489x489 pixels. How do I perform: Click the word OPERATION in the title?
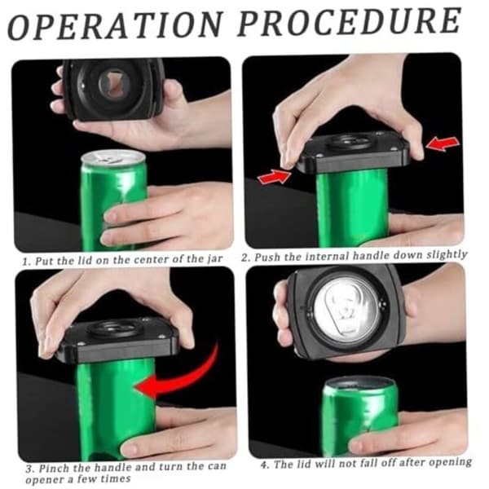pos(115,26)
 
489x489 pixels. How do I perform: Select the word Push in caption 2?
pos(267,257)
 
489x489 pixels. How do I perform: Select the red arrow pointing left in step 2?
pos(443,143)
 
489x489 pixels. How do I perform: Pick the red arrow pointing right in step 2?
pos(275,177)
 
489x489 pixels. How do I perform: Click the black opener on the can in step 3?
pos(117,341)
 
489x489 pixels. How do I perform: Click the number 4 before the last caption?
pos(264,465)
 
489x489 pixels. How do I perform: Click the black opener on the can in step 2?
pos(353,153)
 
